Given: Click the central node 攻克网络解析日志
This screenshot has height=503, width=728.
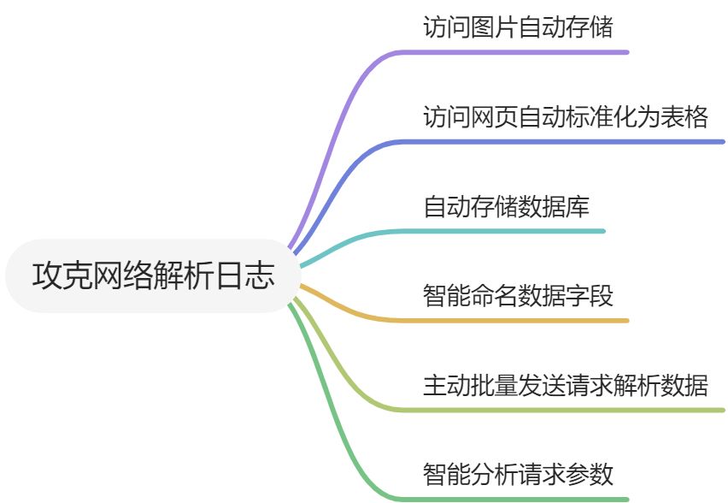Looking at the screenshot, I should [x=154, y=275].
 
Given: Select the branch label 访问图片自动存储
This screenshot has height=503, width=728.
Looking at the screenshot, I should [x=518, y=27].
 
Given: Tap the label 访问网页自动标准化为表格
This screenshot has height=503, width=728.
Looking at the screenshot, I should [x=566, y=116].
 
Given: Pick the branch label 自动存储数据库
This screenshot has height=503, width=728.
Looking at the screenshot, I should [x=506, y=206].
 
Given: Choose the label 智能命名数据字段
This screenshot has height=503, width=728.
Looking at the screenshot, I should [x=518, y=296].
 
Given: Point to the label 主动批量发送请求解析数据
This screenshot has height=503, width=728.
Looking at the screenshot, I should [x=566, y=385].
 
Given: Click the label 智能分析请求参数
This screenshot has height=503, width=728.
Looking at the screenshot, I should [x=518, y=474].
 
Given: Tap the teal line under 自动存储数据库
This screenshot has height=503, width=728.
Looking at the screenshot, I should [x=513, y=231].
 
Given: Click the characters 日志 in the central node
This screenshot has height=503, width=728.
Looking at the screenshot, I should [x=252, y=275].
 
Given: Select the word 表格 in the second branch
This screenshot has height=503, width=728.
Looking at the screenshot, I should [x=684, y=116].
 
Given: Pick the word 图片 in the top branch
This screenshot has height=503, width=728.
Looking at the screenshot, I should [x=494, y=27].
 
